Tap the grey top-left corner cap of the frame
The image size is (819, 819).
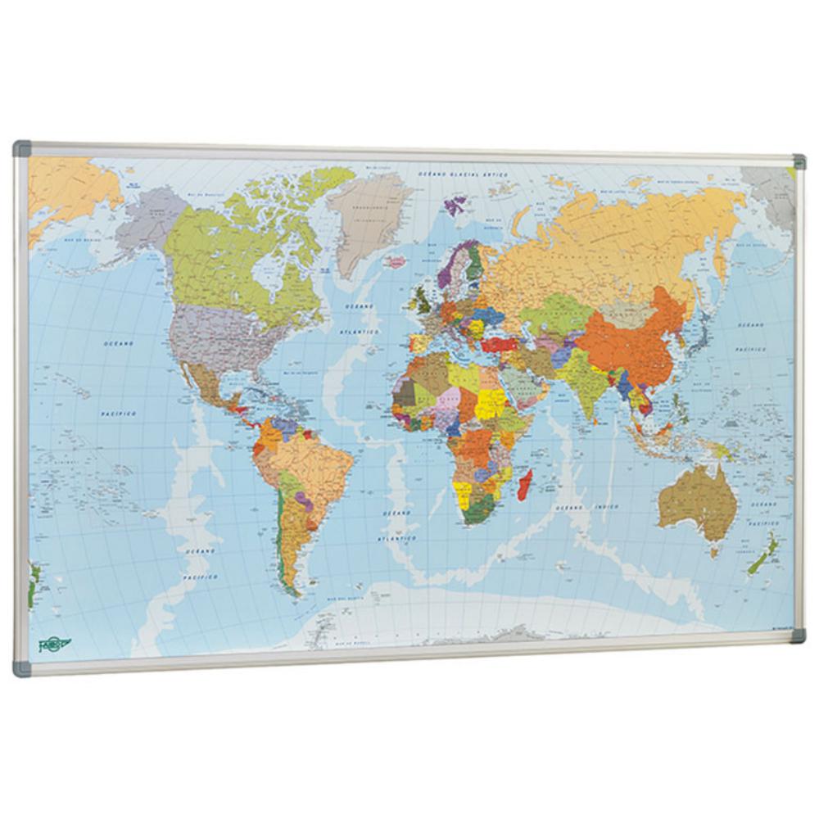coord(22,150)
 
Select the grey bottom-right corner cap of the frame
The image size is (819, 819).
coord(798,636)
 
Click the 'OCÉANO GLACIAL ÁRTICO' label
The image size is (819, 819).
coord(464,174)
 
